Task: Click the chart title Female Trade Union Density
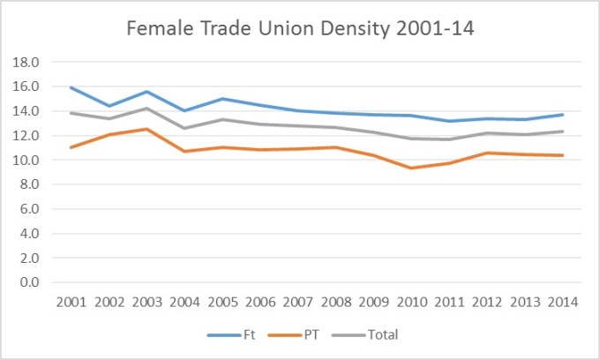300,28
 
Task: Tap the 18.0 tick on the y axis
31,62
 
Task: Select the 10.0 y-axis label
31,160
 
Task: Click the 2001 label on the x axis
71,302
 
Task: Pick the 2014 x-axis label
563,302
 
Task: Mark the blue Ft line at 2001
71,87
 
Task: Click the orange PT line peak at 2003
146,129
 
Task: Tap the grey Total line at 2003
146,109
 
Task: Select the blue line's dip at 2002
109,106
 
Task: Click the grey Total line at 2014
563,131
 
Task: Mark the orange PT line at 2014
563,155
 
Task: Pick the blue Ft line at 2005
222,99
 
